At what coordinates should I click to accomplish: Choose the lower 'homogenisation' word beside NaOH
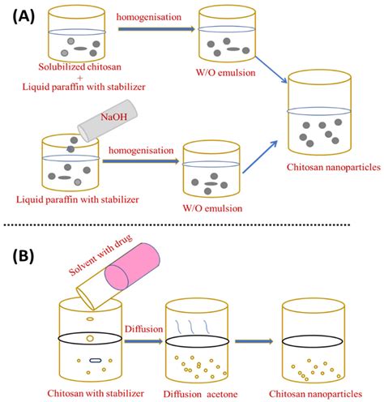coord(136,150)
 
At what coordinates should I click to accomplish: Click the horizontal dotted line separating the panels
coord(192,224)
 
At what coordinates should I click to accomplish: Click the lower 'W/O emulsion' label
coord(213,205)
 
